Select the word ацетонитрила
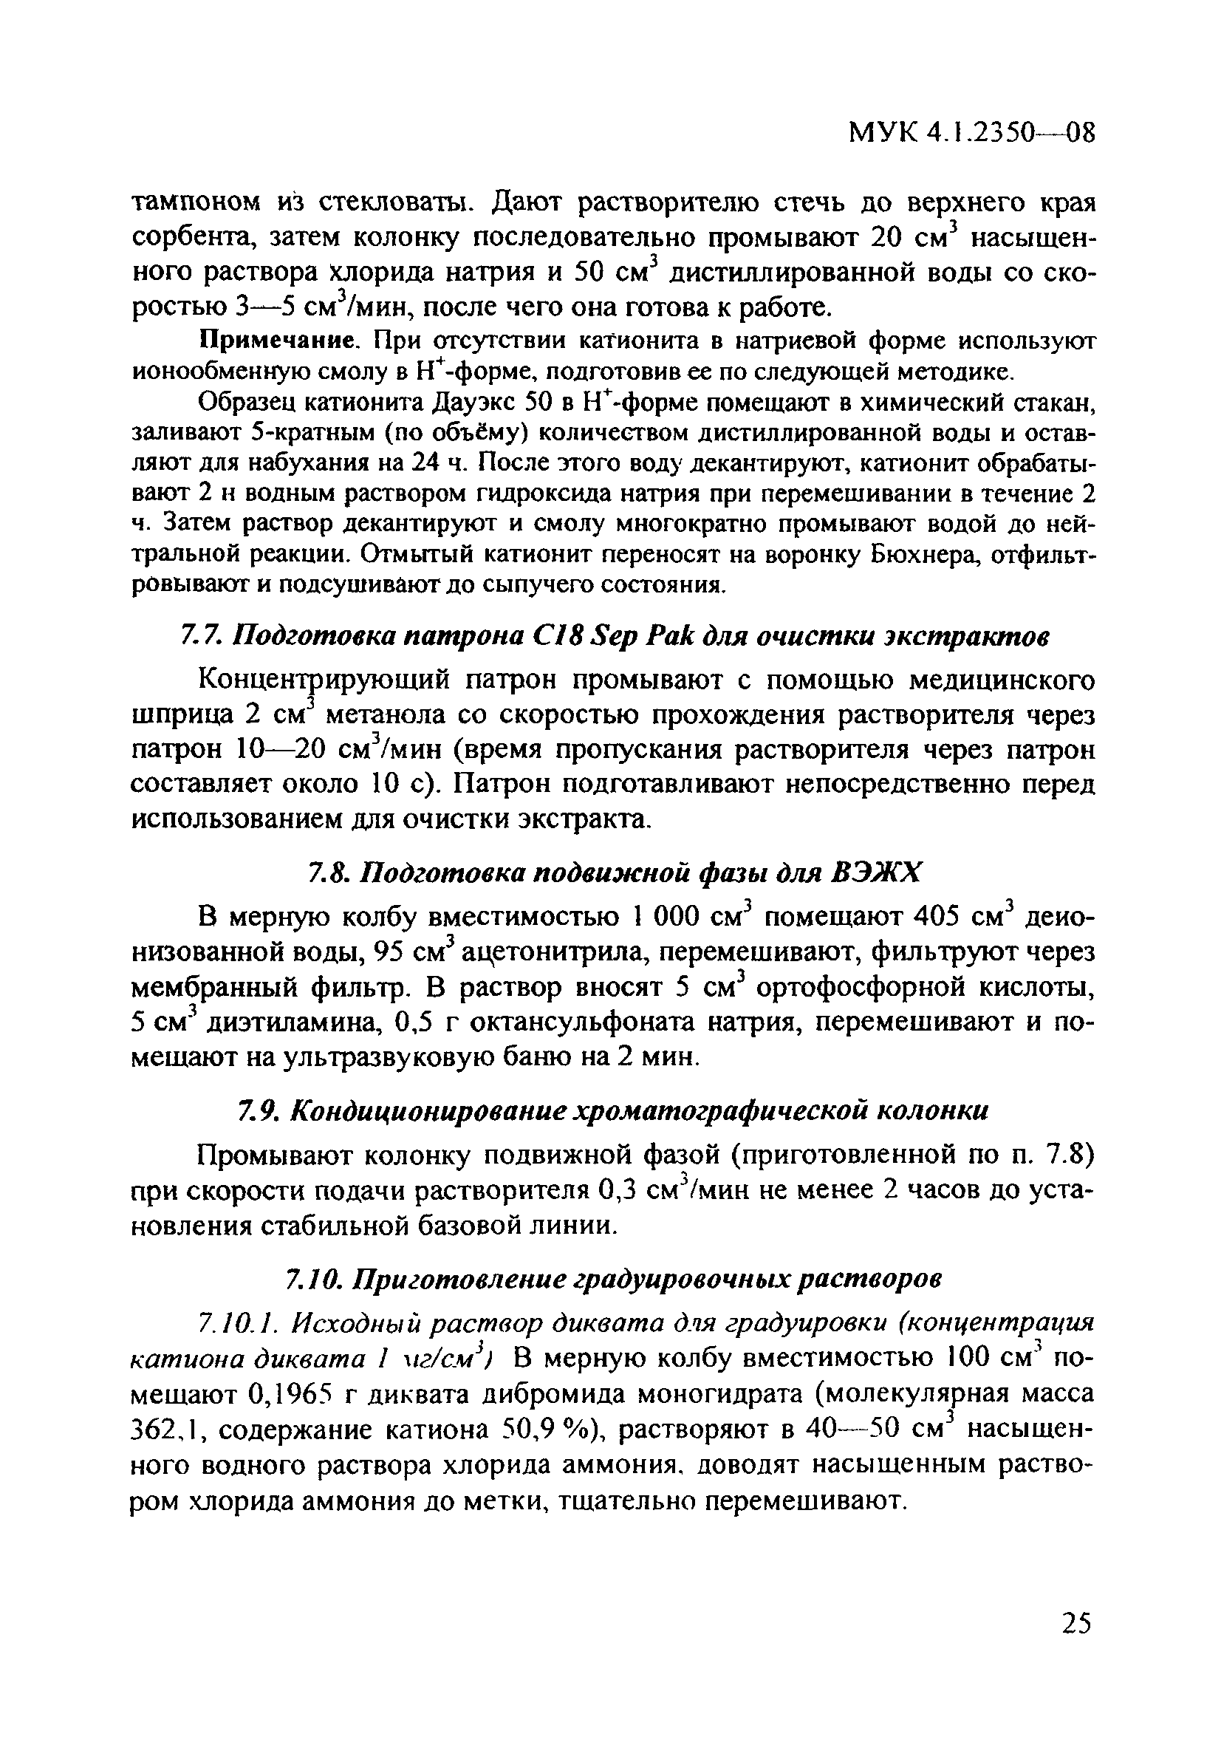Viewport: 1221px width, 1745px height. click(550, 953)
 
